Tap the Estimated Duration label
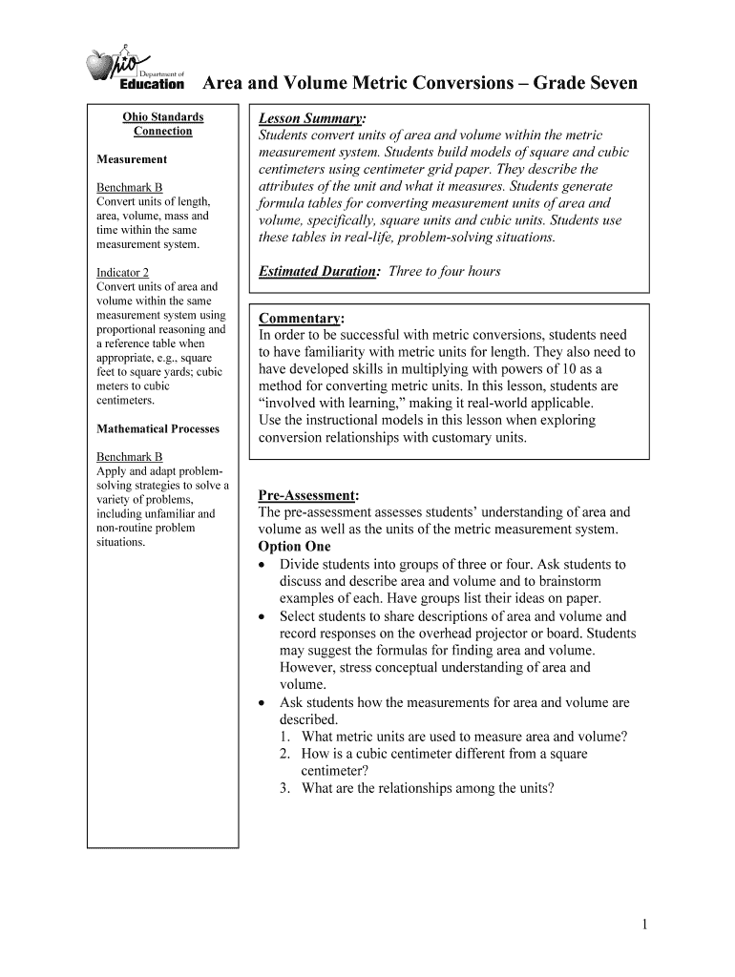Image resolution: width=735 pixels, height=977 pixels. coord(319,272)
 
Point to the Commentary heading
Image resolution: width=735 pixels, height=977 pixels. coord(301,318)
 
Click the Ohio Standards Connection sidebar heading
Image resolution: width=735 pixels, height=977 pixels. coord(162,124)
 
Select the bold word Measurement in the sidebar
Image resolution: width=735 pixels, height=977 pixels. coord(132,159)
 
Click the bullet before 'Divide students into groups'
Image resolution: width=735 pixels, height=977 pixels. coord(263,565)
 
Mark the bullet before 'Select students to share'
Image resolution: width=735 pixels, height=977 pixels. coord(263,616)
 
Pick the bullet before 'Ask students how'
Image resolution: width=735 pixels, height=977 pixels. coord(263,703)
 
